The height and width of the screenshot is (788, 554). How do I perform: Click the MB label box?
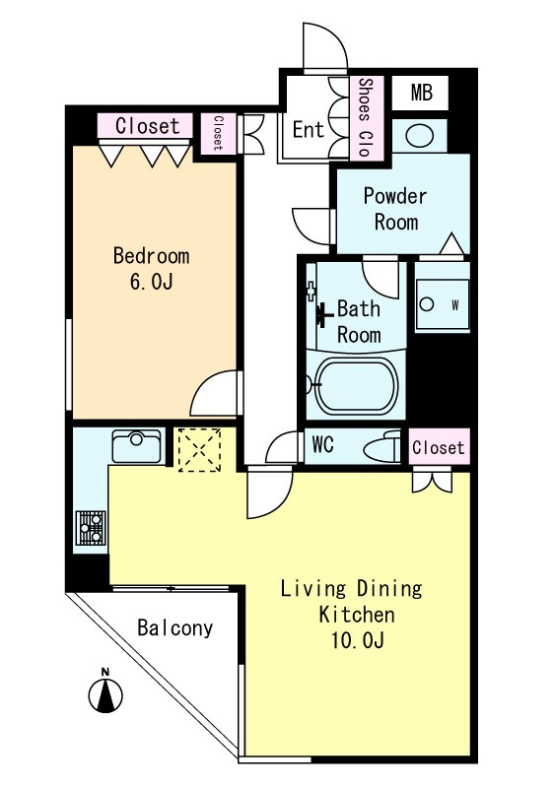point(420,93)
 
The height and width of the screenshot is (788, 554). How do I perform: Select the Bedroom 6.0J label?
point(151,268)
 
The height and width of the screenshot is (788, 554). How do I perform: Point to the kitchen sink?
point(136,445)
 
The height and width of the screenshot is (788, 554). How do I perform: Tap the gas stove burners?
point(91,528)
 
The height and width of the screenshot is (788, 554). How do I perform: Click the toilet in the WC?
point(383,446)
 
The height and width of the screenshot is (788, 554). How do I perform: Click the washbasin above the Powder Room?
point(419,136)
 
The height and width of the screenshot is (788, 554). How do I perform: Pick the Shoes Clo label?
point(365,117)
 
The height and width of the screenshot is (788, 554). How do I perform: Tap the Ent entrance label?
point(309,130)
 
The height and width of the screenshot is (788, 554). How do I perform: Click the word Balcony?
point(174,628)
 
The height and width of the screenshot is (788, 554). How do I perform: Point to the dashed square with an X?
point(199,450)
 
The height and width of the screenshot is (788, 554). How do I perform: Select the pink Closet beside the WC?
point(439,447)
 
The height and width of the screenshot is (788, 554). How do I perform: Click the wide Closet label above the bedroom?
point(147,126)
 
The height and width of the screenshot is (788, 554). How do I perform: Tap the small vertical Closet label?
point(218,133)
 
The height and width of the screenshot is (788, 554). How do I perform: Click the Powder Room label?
point(395,209)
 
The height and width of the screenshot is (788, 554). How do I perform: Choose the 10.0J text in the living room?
point(358,640)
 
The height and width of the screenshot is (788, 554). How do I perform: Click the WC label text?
point(322,444)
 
